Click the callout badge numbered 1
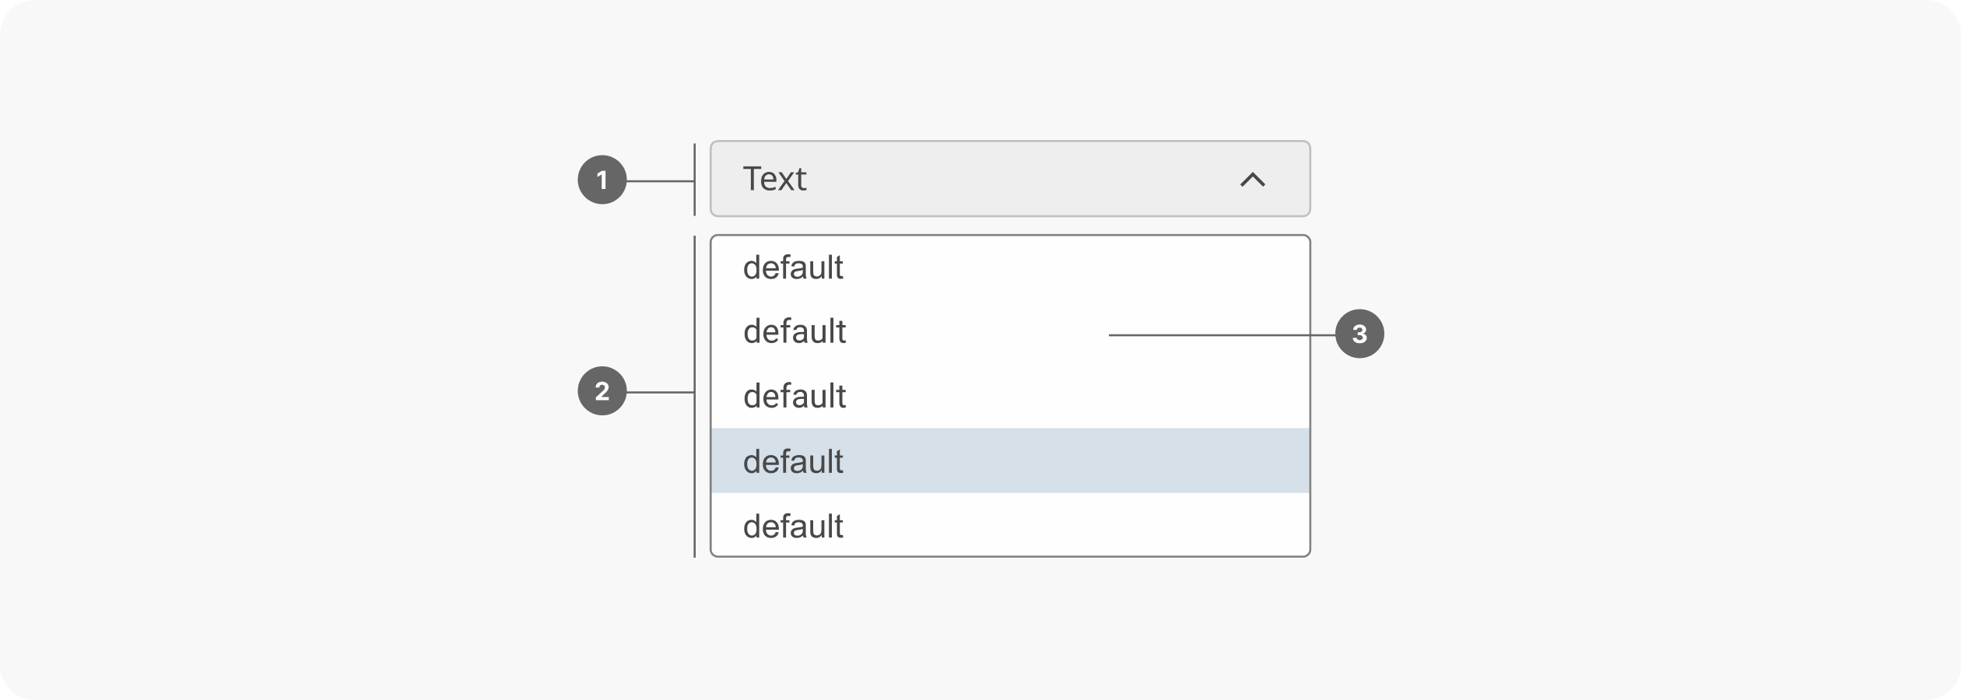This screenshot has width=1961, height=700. pyautogui.click(x=602, y=180)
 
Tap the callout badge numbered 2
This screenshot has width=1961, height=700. pyautogui.click(x=602, y=390)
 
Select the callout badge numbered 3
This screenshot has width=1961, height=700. pyautogui.click(x=1359, y=334)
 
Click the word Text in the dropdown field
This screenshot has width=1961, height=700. pyautogui.click(x=774, y=179)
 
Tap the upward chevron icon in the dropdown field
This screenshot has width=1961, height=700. pyautogui.click(x=1252, y=180)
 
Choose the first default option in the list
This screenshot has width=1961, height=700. pyautogui.click(x=793, y=268)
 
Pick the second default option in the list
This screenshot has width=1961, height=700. pyautogui.click(x=794, y=331)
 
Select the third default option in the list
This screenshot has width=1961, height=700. pyautogui.click(x=794, y=396)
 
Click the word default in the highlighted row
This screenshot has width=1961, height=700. pyautogui.click(x=793, y=461)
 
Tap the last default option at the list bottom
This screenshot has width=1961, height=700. pyautogui.click(x=793, y=527)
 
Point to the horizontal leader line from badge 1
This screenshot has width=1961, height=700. pyautogui.click(x=660, y=181)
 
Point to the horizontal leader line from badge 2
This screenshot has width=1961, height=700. pyautogui.click(x=660, y=392)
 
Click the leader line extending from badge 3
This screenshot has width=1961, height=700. pyautogui.click(x=1222, y=335)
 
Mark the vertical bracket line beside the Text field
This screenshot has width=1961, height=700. pyautogui.click(x=694, y=179)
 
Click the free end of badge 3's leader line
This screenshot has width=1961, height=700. pyautogui.click(x=1110, y=335)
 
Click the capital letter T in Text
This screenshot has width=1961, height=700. pyautogui.click(x=752, y=179)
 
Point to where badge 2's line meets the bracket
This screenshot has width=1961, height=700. pyautogui.click(x=693, y=392)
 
